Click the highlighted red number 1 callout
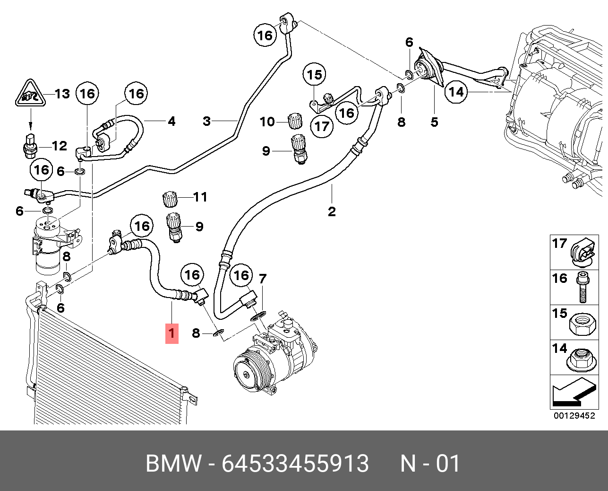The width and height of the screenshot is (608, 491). [x=171, y=333]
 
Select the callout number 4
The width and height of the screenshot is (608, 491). [x=171, y=122]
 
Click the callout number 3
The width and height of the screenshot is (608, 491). [x=206, y=121]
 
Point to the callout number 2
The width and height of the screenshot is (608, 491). [x=332, y=211]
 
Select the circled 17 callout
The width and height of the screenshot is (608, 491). [x=322, y=126]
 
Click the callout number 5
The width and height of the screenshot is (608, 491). [x=434, y=122]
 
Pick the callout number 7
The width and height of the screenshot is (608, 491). [x=263, y=279]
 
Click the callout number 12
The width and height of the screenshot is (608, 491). [x=59, y=146]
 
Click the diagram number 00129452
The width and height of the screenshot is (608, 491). [x=574, y=416]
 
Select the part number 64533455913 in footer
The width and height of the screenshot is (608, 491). [x=295, y=464]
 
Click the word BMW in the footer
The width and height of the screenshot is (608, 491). [x=173, y=464]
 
